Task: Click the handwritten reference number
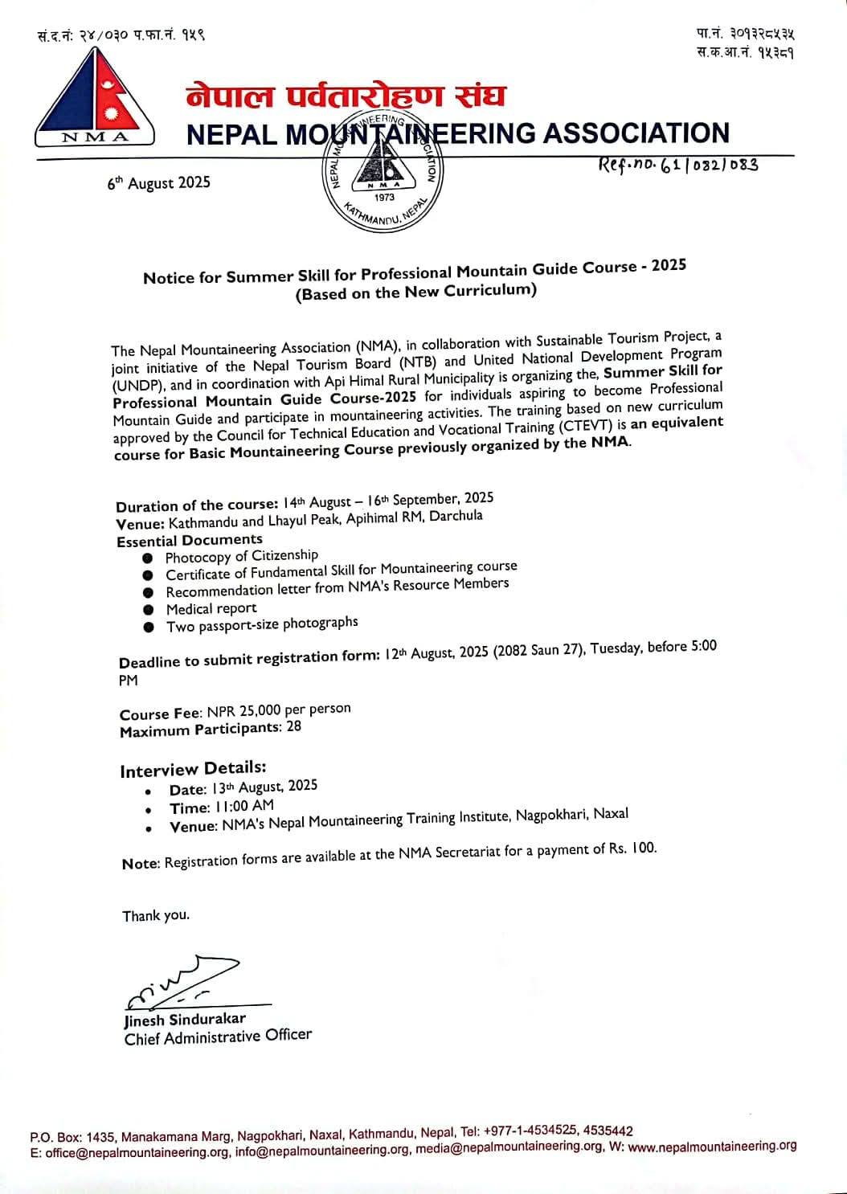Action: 677,166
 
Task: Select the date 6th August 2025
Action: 158,183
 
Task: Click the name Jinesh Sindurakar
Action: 185,1020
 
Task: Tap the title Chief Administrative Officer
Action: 218,1037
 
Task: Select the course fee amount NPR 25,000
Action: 244,711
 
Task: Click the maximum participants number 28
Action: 293,727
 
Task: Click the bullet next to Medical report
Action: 148,610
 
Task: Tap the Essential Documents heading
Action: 190,541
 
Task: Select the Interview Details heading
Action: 193,770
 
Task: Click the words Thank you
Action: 156,915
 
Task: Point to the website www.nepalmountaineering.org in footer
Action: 712,1147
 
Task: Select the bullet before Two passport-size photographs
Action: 148,628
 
